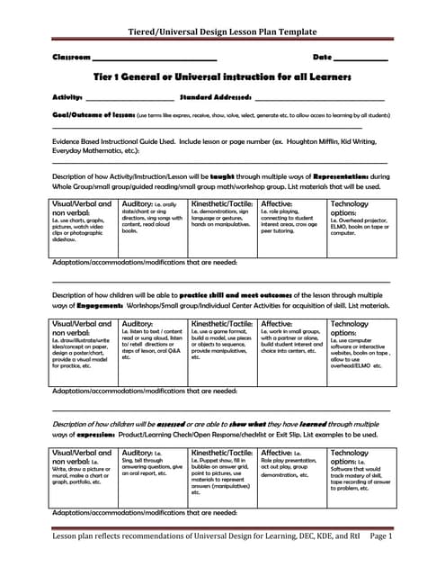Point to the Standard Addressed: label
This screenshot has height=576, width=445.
(x=215, y=96)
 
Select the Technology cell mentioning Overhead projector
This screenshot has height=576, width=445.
(x=359, y=219)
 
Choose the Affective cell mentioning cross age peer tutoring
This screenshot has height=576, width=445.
(x=291, y=219)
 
